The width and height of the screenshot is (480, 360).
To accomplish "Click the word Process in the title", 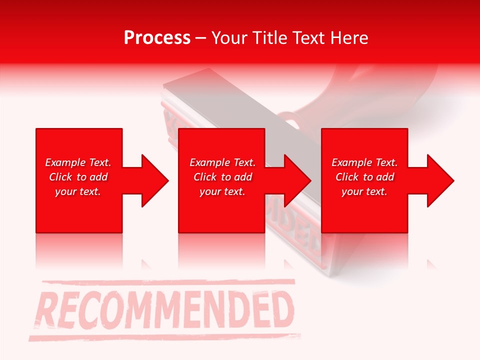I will pyautogui.click(x=157, y=38).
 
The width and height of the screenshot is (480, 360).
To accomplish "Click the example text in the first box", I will pyautogui.click(x=78, y=177).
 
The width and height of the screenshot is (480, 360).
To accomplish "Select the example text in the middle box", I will pyautogui.click(x=222, y=177).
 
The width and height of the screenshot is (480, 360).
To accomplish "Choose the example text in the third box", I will pyautogui.click(x=364, y=177).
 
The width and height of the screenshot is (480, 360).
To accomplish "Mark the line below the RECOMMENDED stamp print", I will pyautogui.click(x=165, y=336).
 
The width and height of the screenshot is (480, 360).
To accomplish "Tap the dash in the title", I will pyautogui.click(x=200, y=38).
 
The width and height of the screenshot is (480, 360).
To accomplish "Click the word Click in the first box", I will pyautogui.click(x=60, y=177).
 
